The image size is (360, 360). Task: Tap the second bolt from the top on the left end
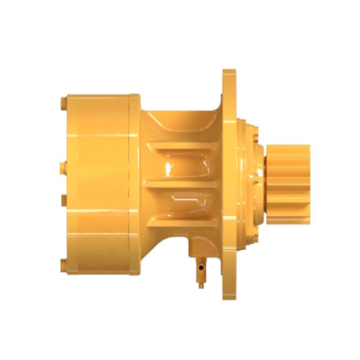pos(61,168)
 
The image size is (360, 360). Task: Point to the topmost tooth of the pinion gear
pos(289,148)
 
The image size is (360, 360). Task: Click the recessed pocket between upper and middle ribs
pos(184,166)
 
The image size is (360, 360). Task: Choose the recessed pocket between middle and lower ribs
pos(184,202)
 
